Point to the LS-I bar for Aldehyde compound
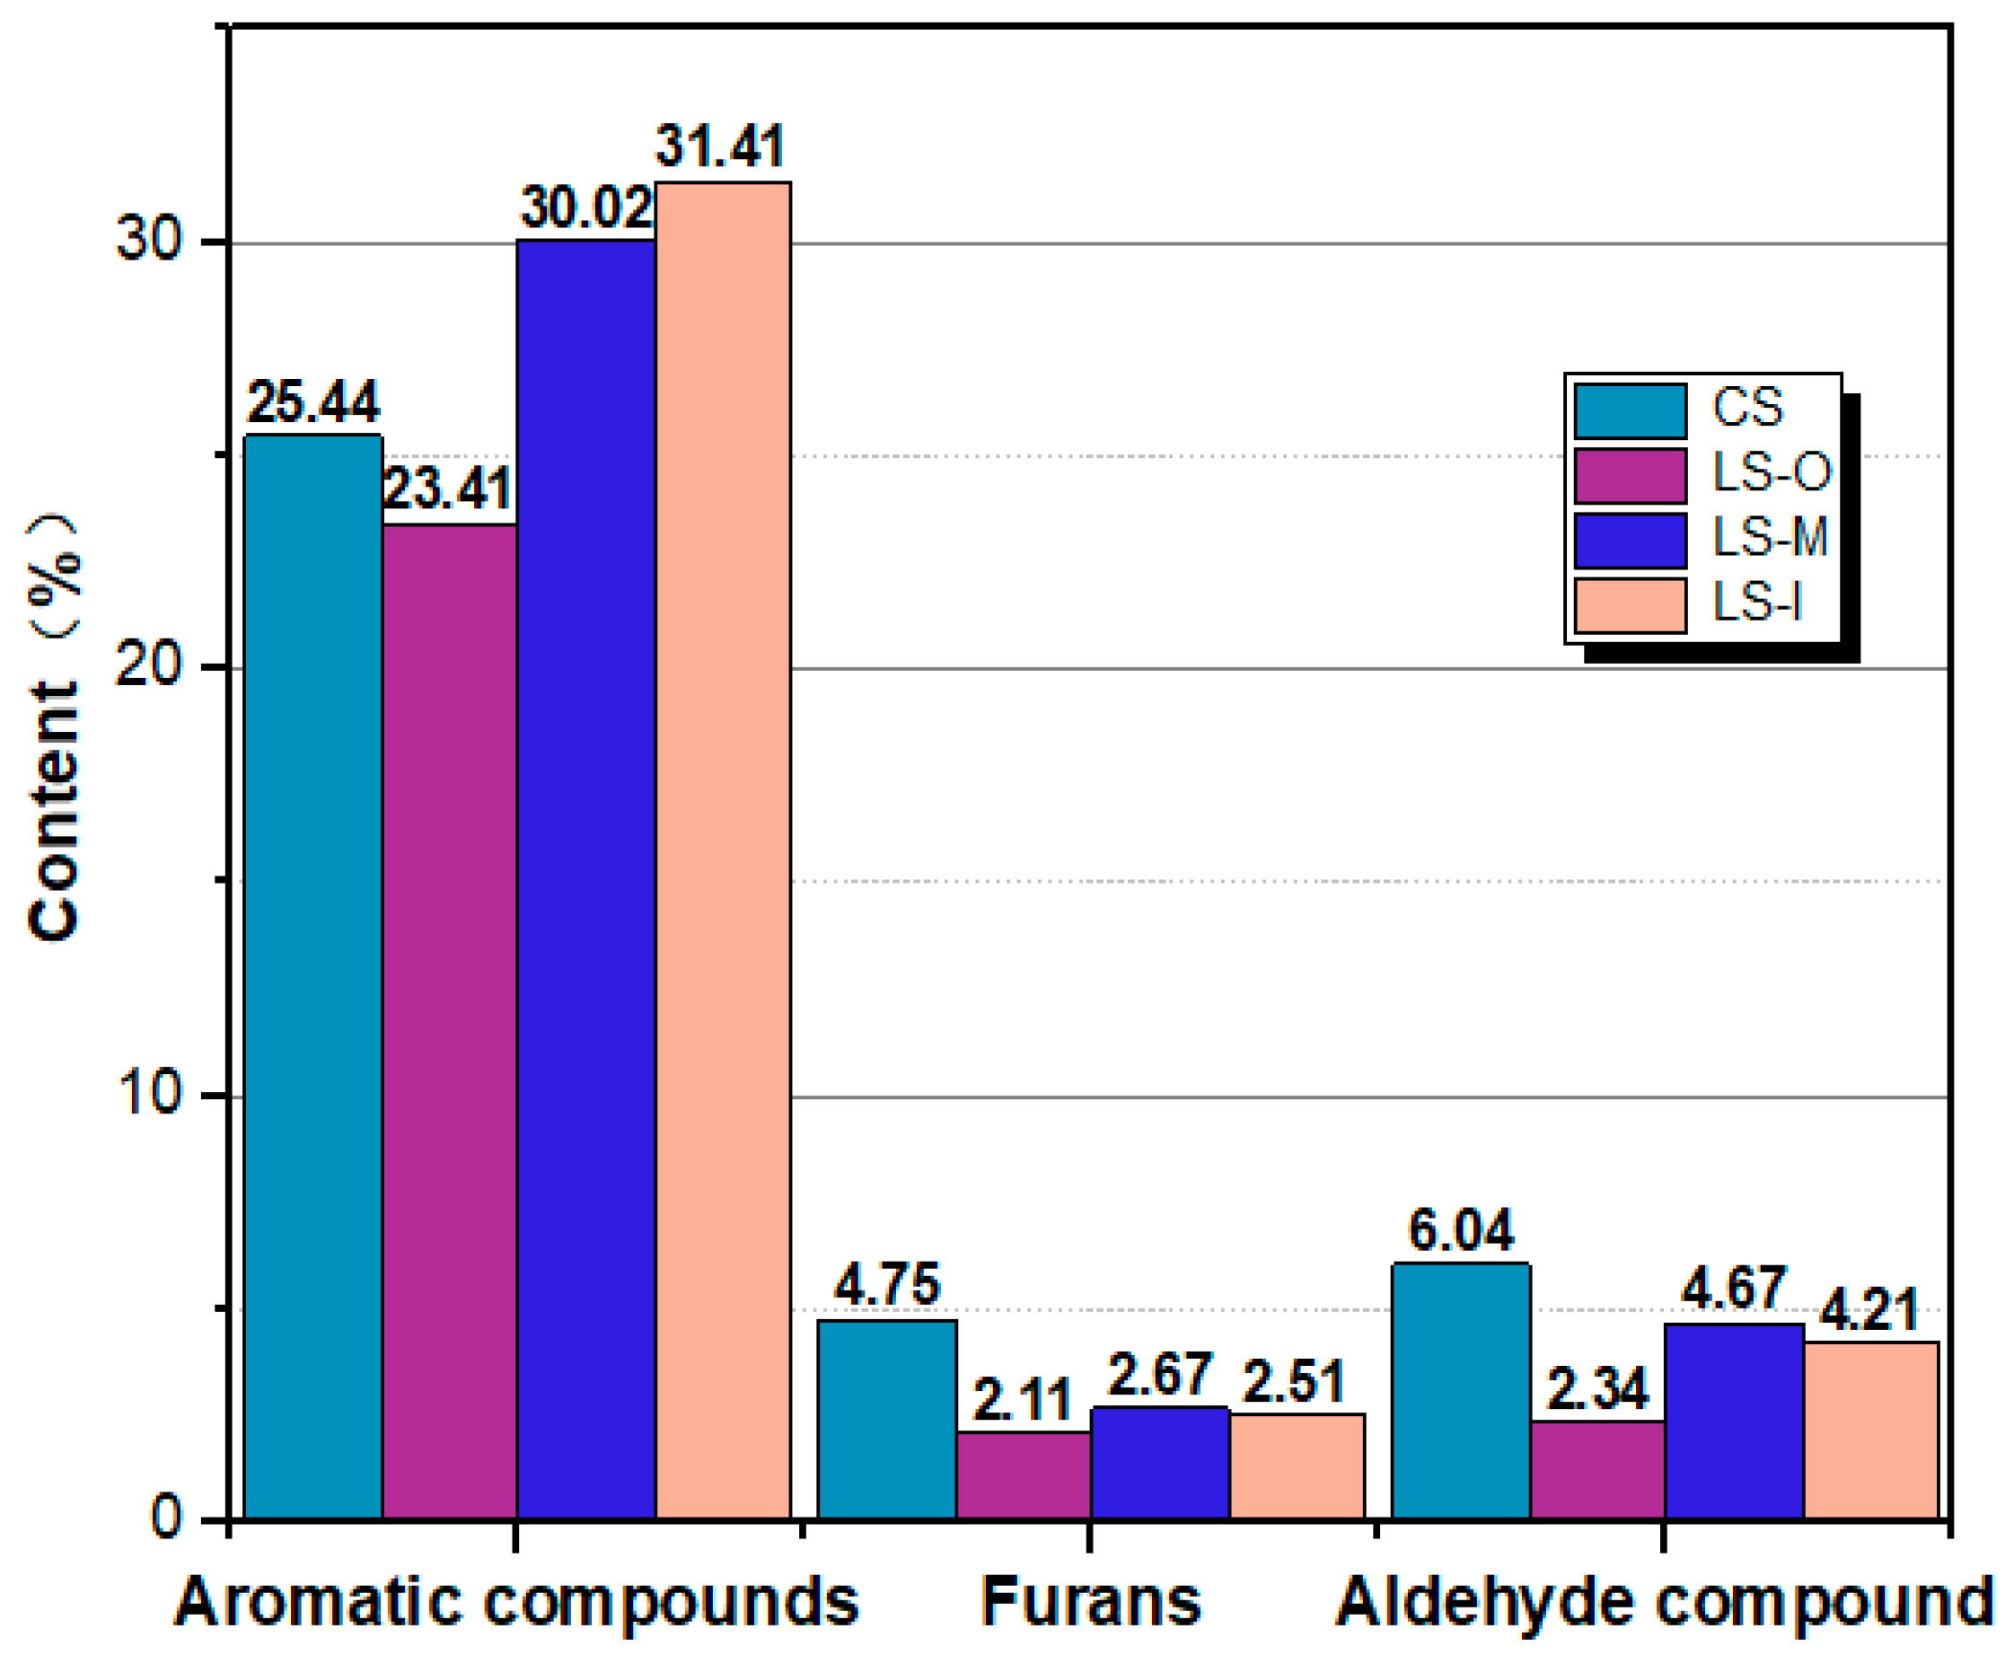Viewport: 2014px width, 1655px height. coord(1871,1429)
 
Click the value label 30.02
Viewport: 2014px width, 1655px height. coord(585,207)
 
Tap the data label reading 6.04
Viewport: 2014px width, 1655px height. coord(1460,1230)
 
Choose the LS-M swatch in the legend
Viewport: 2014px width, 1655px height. coord(1631,540)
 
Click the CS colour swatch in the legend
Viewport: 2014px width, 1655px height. coord(1631,410)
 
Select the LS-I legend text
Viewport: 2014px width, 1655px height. coord(1756,603)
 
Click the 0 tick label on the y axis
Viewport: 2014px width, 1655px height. coord(166,1517)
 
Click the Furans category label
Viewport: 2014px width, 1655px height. coord(1090,1602)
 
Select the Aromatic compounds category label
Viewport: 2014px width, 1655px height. coord(515,1602)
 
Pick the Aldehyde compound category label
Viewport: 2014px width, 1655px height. coord(1664,1602)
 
